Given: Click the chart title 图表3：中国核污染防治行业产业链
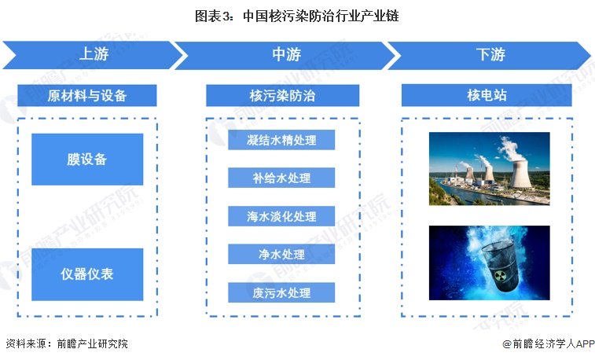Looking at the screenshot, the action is (x=297, y=17).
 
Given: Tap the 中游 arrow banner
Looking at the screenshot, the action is (x=287, y=55).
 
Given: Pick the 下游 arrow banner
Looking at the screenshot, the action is (x=490, y=55).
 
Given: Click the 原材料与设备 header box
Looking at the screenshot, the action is (x=87, y=95).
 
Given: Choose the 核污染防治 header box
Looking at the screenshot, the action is (x=282, y=96).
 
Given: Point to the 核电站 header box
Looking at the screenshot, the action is (x=487, y=95).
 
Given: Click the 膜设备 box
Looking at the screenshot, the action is (x=87, y=160).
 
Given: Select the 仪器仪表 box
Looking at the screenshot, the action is (x=87, y=274).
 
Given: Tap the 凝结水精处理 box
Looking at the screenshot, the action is (x=281, y=140).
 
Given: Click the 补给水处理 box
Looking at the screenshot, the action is (x=281, y=178).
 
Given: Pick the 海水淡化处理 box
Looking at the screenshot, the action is (x=281, y=216).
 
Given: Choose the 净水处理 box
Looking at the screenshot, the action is (x=281, y=254).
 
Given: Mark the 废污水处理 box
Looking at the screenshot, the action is (x=281, y=292).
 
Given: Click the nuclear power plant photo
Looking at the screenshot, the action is (x=489, y=169).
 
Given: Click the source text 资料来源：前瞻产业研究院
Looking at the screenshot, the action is (x=67, y=343).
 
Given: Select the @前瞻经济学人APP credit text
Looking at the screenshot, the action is (x=549, y=343).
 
